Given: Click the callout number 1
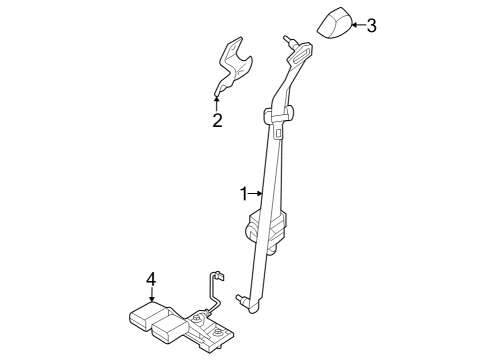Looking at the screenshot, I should pyautogui.click(x=242, y=192).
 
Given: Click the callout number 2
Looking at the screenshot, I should pyautogui.click(x=216, y=122).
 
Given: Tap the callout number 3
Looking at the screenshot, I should pyautogui.click(x=371, y=25).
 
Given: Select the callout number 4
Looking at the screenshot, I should pyautogui.click(x=151, y=281).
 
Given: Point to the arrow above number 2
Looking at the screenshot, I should pyautogui.click(x=216, y=102).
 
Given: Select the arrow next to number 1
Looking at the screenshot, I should pyautogui.click(x=256, y=192).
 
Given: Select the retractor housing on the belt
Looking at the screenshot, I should pyautogui.click(x=268, y=229).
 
